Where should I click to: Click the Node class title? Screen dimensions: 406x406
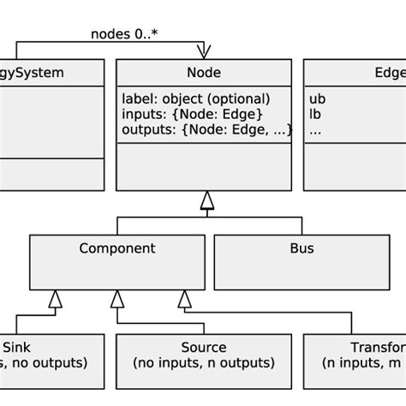tap(203, 73)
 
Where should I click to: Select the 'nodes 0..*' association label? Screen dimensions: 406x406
tap(124, 34)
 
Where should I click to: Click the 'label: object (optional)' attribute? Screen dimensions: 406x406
tap(195, 99)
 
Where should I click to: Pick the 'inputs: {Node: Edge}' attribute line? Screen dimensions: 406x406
tap(192, 114)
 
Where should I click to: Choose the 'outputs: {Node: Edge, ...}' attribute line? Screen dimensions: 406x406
tap(206, 129)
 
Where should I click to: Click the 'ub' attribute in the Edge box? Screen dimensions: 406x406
tap(317, 99)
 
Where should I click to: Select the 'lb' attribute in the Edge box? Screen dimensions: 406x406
tap(316, 114)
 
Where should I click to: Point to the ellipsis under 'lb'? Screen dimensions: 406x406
tap(315, 130)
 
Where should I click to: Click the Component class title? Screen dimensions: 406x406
tap(117, 249)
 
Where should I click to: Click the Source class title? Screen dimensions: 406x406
tap(203, 347)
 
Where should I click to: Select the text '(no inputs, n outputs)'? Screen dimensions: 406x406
tap(203, 363)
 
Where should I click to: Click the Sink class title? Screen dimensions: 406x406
tap(18, 347)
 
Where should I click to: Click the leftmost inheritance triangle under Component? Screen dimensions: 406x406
tap(55, 298)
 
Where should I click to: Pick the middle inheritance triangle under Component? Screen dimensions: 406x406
tap(117, 298)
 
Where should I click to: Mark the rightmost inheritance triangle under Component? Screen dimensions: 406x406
tap(183, 298)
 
